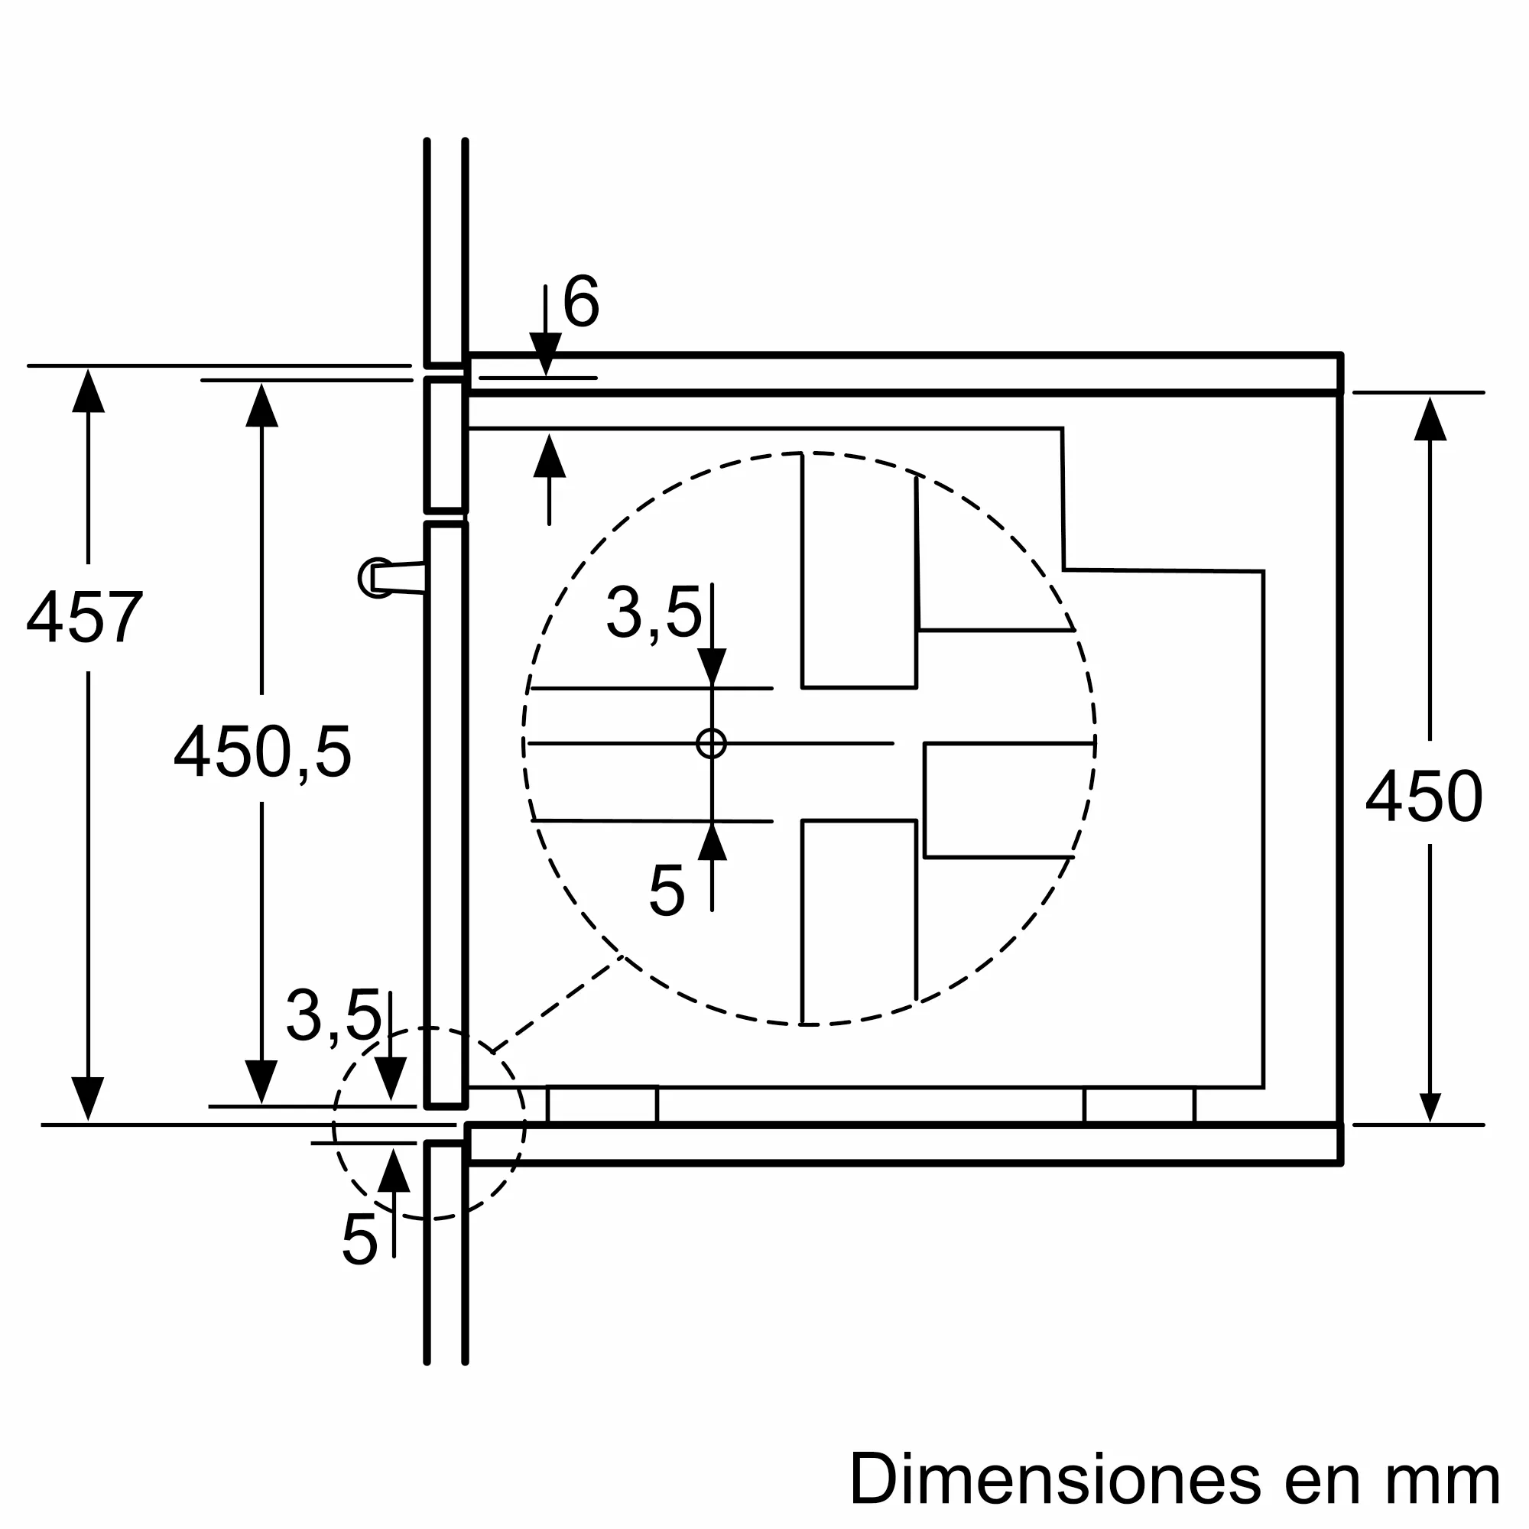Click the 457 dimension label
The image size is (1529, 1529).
click(85, 618)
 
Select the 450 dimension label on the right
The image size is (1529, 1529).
click(1423, 797)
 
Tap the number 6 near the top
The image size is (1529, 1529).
click(581, 301)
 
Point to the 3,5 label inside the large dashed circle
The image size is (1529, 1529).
click(654, 612)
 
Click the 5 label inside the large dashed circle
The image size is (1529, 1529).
click(666, 891)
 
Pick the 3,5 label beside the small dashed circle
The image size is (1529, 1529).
click(333, 1016)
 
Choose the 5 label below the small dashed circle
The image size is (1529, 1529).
click(359, 1238)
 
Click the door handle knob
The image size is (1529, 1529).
click(375, 578)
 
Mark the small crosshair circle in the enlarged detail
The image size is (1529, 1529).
click(712, 743)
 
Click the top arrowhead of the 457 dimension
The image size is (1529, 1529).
click(88, 391)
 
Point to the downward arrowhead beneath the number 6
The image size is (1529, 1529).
click(545, 352)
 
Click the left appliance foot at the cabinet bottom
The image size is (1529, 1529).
click(602, 1105)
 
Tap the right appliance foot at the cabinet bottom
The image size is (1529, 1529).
click(1139, 1105)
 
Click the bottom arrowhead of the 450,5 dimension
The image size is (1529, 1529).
click(261, 1081)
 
